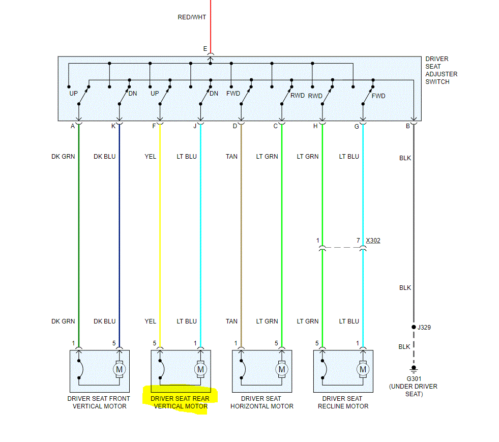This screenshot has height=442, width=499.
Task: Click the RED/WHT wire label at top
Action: (192, 17)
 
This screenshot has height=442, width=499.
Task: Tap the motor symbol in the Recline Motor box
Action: (363, 369)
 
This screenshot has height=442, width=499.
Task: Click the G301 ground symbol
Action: (414, 368)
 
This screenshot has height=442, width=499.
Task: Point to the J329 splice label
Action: (424, 328)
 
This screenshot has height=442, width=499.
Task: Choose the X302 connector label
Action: (373, 240)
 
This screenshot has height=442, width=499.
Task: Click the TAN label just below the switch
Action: (231, 157)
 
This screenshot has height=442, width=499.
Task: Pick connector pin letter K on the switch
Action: (113, 126)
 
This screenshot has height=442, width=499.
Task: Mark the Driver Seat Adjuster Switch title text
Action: (441, 70)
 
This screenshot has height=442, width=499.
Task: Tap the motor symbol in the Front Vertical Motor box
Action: (119, 369)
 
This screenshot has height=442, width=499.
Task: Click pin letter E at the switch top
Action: (205, 49)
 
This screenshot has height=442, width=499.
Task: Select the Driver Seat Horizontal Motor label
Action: (262, 402)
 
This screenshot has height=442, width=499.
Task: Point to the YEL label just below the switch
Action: (150, 157)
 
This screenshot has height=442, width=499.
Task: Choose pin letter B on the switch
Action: (407, 126)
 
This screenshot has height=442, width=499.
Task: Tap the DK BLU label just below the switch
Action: (104, 157)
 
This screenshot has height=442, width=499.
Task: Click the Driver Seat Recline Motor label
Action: (343, 402)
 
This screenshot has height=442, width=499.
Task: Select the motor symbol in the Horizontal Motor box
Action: (281, 369)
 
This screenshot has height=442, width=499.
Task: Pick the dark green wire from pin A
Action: (79, 229)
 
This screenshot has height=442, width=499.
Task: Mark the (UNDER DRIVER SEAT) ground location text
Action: (413, 390)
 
